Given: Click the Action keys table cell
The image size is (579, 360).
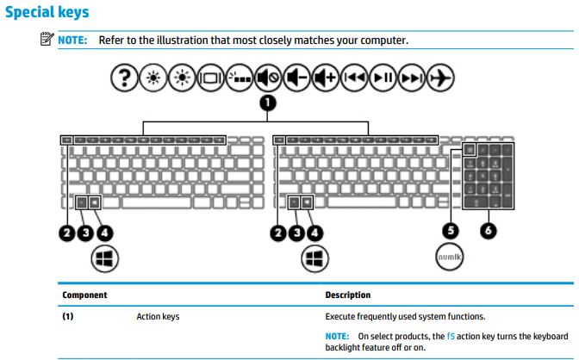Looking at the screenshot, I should (159, 317).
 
